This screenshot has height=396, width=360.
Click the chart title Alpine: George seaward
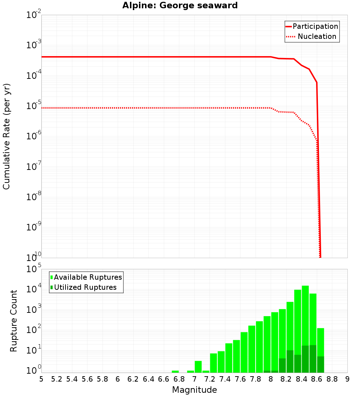[x=180, y=6]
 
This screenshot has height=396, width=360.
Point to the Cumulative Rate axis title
[x=6, y=136]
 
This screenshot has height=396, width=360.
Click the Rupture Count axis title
[x=14, y=321]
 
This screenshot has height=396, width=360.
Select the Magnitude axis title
[x=194, y=390]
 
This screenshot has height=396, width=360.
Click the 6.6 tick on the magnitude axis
[x=163, y=379]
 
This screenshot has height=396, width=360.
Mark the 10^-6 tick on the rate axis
[x=34, y=136]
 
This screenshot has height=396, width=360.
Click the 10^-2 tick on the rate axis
[x=34, y=15]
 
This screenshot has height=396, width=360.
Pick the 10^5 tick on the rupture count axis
[x=34, y=269]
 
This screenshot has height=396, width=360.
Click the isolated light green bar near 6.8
[x=175, y=372]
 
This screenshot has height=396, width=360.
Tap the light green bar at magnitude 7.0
[x=198, y=366]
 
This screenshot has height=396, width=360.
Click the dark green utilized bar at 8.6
[x=313, y=359]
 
